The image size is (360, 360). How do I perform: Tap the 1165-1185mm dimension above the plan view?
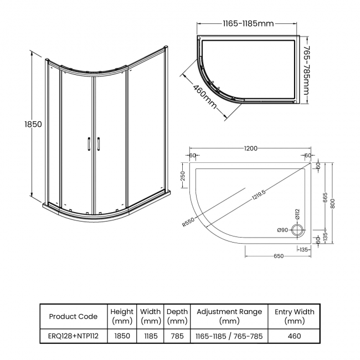click(248, 24)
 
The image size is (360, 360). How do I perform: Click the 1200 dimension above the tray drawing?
click(250, 148)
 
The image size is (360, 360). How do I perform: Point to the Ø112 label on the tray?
click(296, 214)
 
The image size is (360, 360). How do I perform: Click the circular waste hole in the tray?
click(297, 229)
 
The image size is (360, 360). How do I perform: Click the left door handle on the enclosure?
click(88, 144)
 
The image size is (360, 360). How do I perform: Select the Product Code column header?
click(74, 316)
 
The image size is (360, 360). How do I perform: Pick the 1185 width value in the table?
click(150, 336)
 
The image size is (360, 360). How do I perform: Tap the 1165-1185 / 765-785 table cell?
click(229, 336)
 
